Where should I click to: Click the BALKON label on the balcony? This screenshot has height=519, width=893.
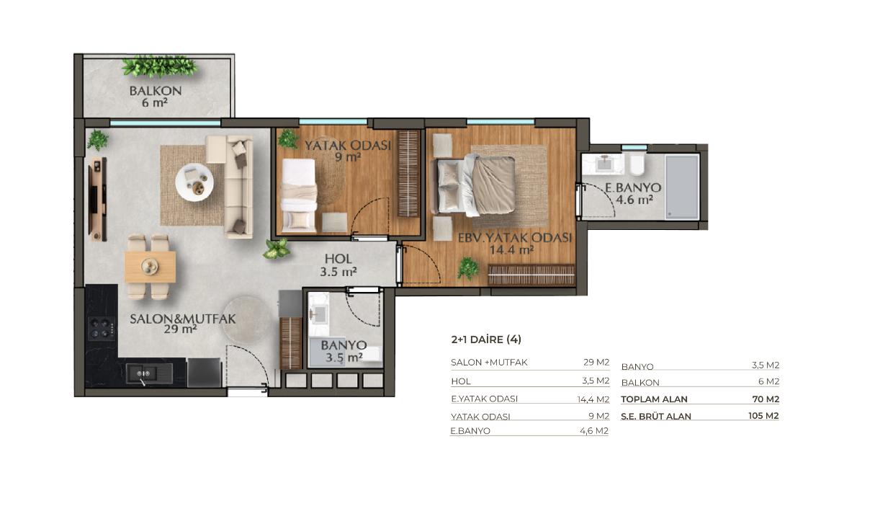pos(156,91)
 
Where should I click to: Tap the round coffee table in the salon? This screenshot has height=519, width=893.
pos(194,182)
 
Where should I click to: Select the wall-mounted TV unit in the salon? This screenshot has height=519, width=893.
pos(98,199)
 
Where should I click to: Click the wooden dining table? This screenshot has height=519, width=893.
pos(151,267)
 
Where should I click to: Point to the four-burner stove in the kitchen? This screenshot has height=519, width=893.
pos(102,328)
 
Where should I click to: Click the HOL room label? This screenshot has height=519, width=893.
pos(338,259)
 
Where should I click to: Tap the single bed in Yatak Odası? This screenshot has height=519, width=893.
pos(299,195)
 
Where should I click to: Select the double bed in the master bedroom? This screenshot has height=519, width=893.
pos(476,185)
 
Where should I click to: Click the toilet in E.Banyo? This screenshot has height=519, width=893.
pos(637,164)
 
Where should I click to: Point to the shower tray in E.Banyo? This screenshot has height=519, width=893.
pos(682,187)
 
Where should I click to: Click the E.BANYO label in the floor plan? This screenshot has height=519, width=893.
pos(633,187)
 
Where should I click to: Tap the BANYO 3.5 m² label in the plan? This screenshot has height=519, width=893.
pos(344,351)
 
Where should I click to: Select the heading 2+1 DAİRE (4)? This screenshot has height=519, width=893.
pos(486,340)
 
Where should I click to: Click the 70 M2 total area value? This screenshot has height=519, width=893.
pos(766,399)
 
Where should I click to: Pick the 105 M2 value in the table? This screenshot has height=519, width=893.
pos(763,416)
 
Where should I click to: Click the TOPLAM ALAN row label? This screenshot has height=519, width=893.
pos(654,399)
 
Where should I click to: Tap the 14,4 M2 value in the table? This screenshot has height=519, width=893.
pos(593,399)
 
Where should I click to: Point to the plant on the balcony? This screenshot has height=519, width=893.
pos(159,66)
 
